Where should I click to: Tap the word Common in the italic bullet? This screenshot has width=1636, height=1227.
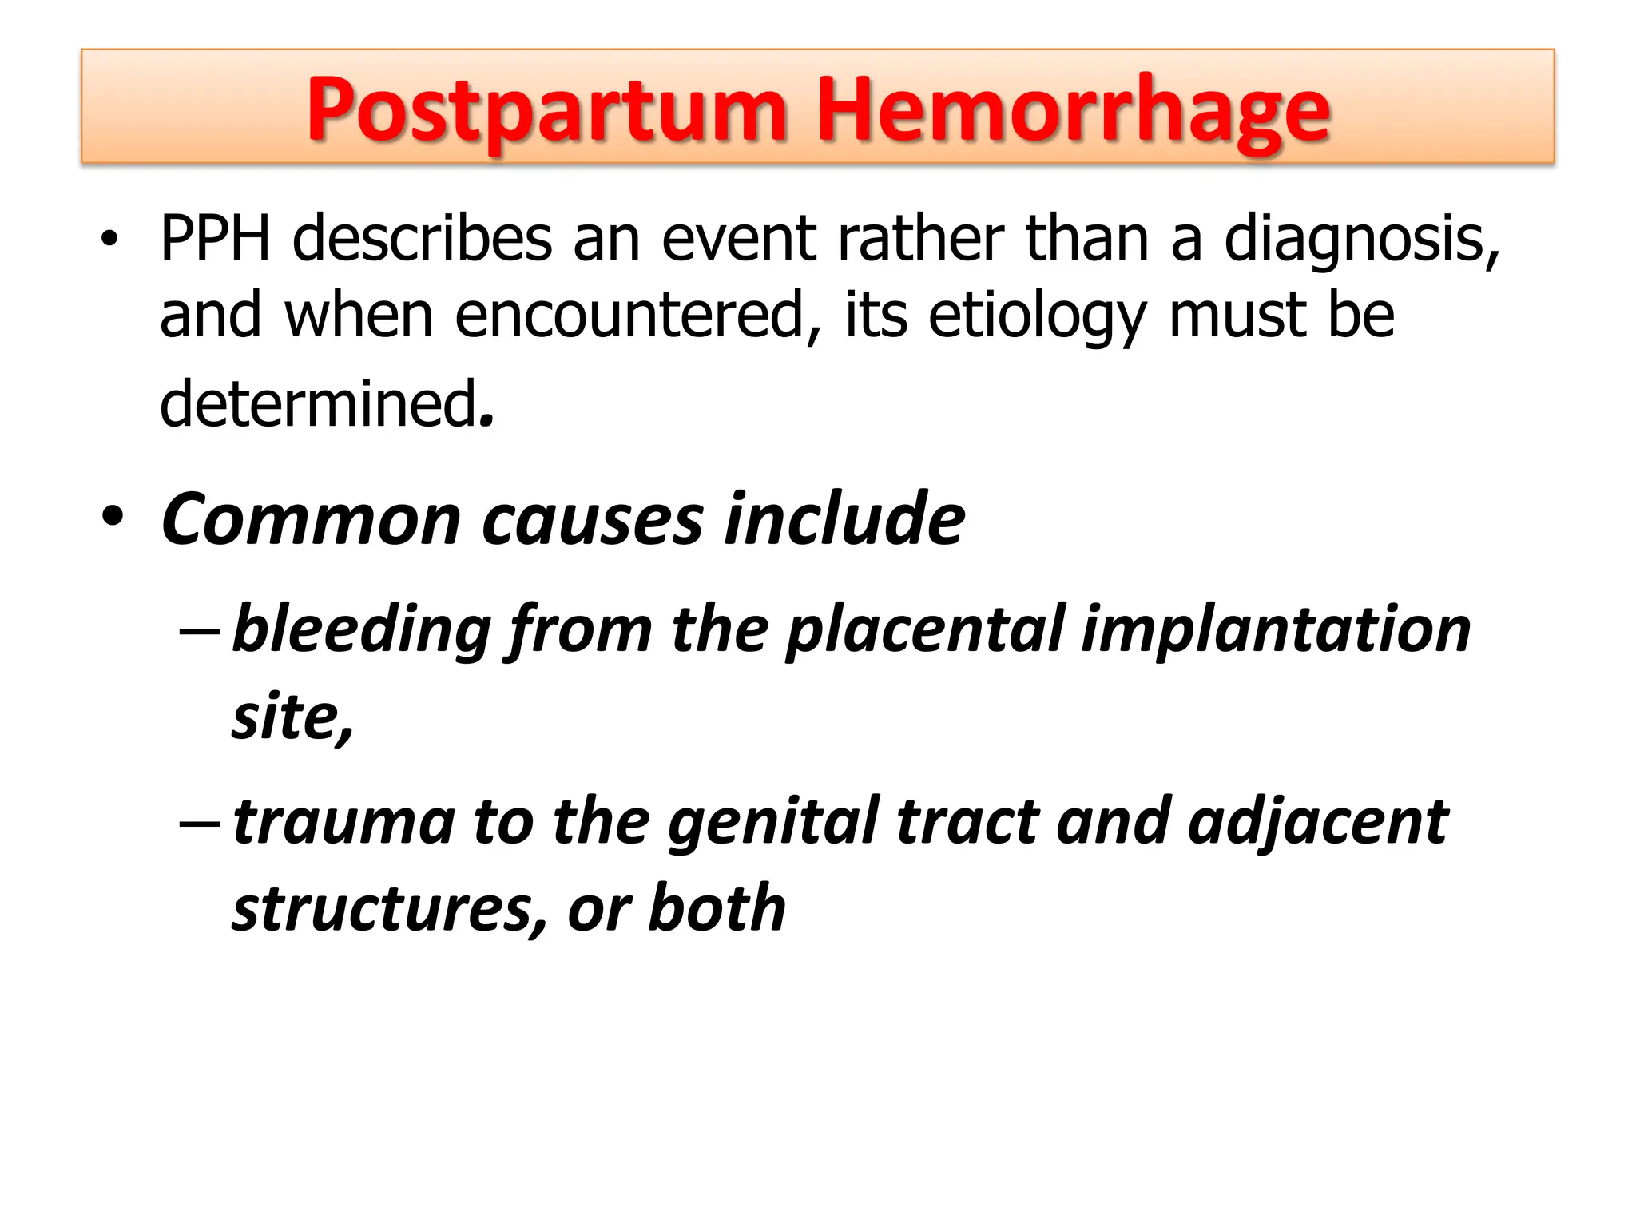[312, 520]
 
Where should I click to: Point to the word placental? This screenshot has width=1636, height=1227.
[926, 629]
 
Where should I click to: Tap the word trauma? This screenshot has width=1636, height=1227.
[343, 823]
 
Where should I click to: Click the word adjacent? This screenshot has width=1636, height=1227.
[1318, 823]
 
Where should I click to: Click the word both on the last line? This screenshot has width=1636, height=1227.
[717, 909]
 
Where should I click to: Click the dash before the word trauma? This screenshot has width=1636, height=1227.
[199, 823]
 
